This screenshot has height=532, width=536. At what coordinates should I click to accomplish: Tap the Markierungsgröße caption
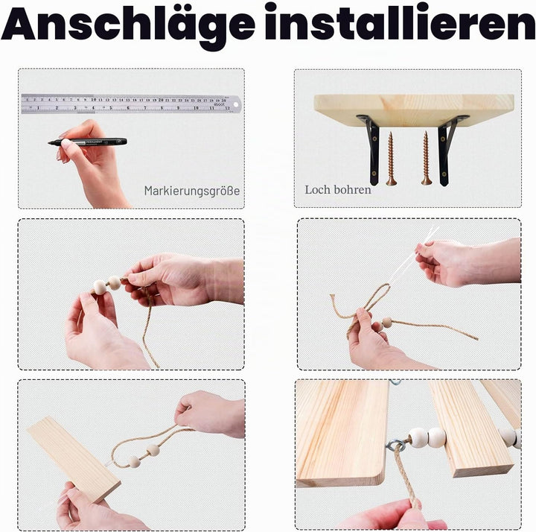point(192,191)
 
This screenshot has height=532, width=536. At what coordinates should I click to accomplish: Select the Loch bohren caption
point(338,189)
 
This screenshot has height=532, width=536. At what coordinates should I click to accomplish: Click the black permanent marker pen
point(88,142)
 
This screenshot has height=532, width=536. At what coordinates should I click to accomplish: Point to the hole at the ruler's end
point(235,104)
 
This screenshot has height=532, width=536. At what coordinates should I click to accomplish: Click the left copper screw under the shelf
point(391,159)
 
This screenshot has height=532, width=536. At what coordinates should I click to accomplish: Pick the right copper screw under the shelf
point(427,159)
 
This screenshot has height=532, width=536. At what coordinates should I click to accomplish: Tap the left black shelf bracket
point(371,149)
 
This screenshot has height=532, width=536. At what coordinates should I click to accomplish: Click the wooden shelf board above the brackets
point(414,109)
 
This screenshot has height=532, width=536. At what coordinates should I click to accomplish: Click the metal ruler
point(131,104)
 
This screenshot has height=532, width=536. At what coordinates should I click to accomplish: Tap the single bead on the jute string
point(387,322)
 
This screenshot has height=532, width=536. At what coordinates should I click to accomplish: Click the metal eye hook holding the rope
point(396,445)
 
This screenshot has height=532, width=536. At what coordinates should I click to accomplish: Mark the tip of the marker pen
point(49,142)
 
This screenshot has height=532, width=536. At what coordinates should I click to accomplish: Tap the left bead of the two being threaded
point(100,287)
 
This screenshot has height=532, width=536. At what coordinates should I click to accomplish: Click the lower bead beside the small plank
point(134,462)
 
